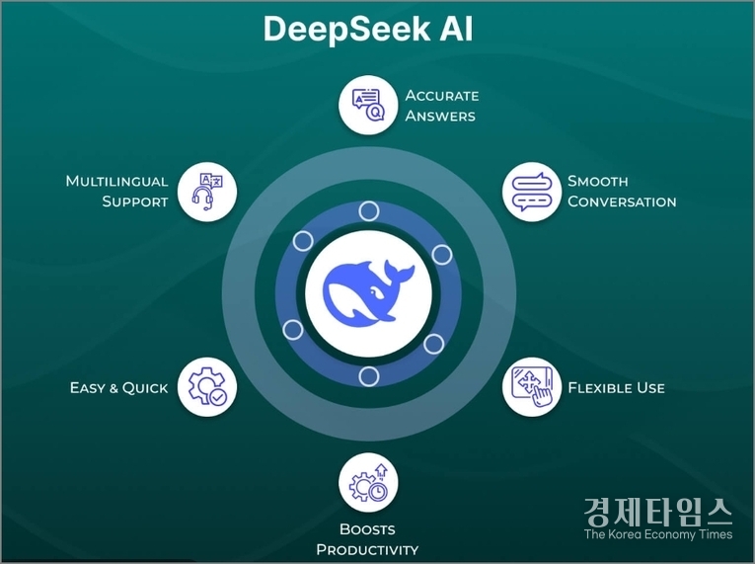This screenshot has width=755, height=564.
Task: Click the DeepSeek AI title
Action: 367,29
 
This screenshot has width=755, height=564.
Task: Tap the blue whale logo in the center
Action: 368,292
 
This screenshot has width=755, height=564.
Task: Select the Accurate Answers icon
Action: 368,104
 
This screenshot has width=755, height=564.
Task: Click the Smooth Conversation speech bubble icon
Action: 532,192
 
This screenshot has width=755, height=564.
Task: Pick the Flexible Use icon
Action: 532,386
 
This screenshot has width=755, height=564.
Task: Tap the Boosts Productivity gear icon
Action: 368,483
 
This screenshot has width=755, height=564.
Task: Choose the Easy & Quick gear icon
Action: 206,386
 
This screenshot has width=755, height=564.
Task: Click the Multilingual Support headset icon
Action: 206,191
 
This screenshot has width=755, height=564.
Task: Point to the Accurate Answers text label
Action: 441,106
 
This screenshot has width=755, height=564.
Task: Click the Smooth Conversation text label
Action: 622,192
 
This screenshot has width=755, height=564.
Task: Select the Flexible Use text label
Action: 616,387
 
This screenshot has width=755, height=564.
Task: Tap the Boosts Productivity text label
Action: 367,539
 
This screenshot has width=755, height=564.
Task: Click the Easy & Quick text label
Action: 118,387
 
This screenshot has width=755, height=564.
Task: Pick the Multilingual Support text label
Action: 117,192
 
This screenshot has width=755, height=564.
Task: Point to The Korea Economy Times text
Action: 658,534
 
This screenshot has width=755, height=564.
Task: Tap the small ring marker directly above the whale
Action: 368,210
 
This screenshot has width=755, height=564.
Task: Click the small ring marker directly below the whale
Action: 368,375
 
